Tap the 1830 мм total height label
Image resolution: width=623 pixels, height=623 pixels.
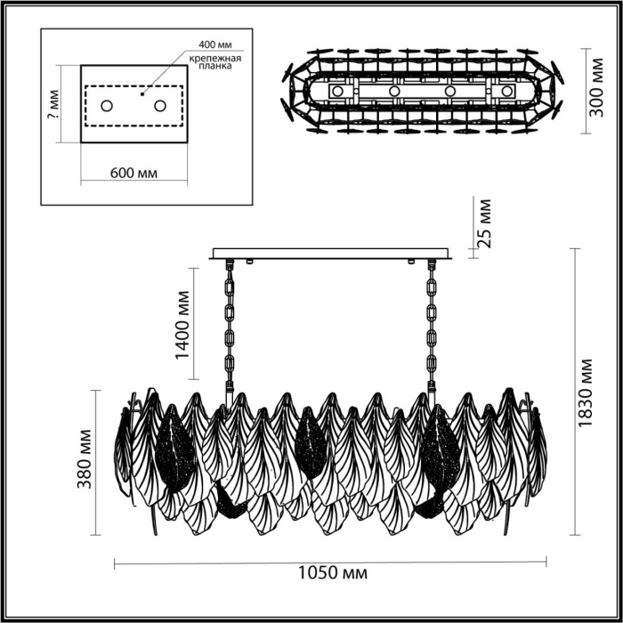click(x=585, y=393)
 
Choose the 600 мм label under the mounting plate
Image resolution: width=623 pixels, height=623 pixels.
click(x=133, y=173)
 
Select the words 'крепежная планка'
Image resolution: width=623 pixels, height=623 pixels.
click(x=215, y=61)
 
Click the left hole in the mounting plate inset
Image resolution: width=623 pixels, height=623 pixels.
click(x=107, y=106)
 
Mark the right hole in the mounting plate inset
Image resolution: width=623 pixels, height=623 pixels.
click(x=160, y=106)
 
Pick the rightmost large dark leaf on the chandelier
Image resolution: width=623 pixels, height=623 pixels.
click(x=441, y=449)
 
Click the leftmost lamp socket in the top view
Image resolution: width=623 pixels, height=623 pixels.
click(x=337, y=91)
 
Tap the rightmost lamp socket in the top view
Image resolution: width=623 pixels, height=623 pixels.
click(x=506, y=91)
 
